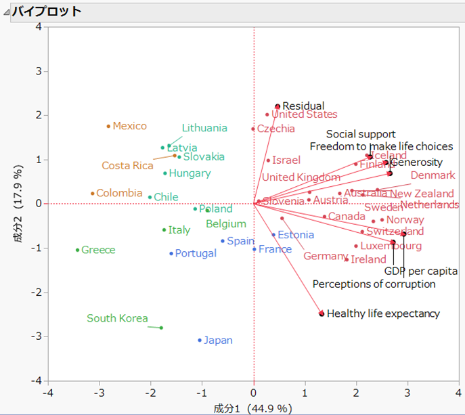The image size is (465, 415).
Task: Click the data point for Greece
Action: [78, 250]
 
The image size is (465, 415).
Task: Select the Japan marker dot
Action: [200, 341]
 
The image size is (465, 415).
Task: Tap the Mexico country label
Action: [129, 126]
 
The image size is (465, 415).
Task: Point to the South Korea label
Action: [117, 318]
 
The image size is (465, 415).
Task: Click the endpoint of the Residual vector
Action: [278, 106]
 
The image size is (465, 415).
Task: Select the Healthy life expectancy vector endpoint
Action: [322, 313]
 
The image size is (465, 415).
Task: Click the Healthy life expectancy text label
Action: [383, 313]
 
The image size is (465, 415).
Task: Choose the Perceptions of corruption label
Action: [374, 284]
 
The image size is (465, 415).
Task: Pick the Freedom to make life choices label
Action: [381, 146]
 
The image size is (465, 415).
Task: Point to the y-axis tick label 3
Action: [39, 71]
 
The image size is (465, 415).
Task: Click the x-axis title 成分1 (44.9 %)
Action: [252, 408]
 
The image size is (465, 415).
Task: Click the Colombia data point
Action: [93, 194]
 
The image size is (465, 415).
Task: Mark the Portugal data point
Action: [171, 254]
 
